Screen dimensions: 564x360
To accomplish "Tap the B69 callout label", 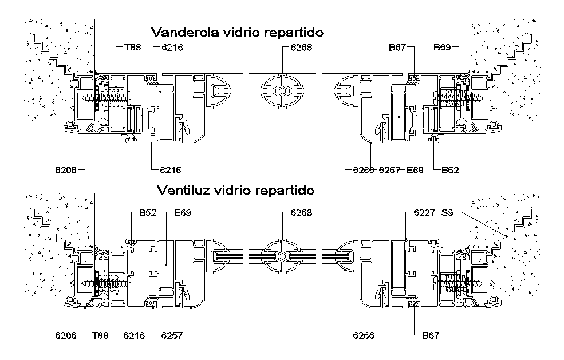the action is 442,47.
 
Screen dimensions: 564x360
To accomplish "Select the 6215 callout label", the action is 171,170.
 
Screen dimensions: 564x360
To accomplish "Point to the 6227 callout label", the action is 424,212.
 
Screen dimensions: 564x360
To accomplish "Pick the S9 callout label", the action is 447,212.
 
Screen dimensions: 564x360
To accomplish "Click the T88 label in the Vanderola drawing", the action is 133,47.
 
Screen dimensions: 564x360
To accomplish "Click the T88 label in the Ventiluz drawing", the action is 100,335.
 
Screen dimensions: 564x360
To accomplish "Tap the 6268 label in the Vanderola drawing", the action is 301,47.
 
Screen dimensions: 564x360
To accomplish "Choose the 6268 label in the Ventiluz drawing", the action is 301,212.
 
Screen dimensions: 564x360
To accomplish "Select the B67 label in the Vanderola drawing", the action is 397,47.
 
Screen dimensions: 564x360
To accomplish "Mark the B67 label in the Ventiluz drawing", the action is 431,335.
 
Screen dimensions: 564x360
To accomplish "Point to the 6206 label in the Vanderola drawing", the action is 66,170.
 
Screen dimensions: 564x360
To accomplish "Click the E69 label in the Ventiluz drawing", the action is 183,212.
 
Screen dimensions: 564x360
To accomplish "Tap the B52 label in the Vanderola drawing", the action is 450,170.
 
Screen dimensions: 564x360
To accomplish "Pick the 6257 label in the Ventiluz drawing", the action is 172,335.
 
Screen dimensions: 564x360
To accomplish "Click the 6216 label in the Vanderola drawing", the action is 172,47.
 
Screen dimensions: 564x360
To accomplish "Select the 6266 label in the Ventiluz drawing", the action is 364,335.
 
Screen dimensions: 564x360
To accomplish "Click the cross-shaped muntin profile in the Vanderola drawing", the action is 283,90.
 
